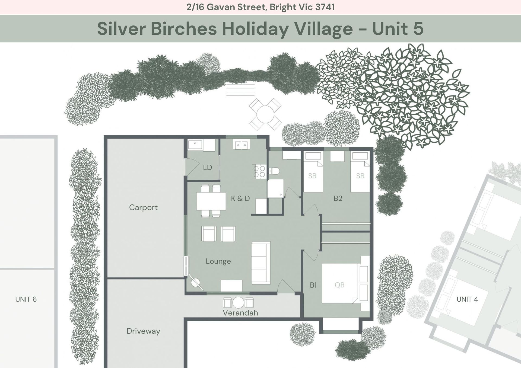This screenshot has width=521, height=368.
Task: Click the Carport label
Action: [143, 207]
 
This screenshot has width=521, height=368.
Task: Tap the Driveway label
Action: [143, 331]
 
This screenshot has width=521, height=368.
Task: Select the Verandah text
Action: [240, 313]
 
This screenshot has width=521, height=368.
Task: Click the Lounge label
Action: [218, 261]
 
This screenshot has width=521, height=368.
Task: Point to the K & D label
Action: [240, 199]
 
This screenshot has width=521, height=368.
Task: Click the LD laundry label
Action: [207, 168]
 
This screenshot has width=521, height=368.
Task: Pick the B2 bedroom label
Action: [338, 199]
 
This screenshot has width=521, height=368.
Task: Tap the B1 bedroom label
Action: [313, 285]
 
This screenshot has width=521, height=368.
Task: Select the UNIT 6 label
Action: [26, 299]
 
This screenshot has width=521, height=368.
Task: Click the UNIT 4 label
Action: [467, 299]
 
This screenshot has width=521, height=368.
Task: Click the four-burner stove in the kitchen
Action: [259, 172]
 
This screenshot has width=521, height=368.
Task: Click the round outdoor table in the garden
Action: [265, 114]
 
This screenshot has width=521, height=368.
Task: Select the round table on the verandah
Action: [238, 303]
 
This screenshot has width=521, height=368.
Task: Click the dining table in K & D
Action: [211, 201]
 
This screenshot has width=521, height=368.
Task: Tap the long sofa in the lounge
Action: [261, 263]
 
